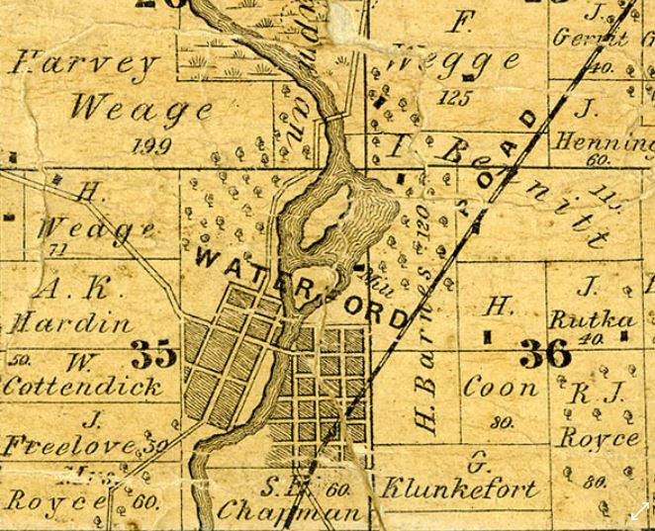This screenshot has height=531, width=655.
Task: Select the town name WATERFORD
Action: coord(302,288)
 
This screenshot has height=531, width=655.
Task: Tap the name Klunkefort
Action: coord(460,487)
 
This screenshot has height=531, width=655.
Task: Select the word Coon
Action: coord(501,387)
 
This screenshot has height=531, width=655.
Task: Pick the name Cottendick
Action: coord(83,385)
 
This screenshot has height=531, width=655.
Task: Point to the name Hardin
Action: coord(71,322)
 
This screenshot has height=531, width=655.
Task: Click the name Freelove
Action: coord(72,446)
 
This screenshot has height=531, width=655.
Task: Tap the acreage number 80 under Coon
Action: coord(501,422)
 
